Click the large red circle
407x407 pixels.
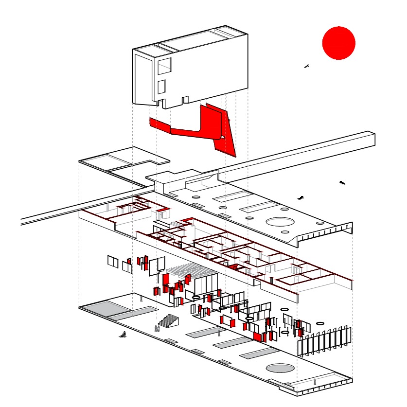339,43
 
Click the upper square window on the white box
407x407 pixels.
165,66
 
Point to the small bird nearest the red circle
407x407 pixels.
306,66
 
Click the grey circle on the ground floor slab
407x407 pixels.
280,368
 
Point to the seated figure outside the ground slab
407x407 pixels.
123,335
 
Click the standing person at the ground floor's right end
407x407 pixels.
315,382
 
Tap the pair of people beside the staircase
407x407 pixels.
157,329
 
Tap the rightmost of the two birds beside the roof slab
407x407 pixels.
342,183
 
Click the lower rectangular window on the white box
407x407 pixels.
161,86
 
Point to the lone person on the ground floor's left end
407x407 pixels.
142,299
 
